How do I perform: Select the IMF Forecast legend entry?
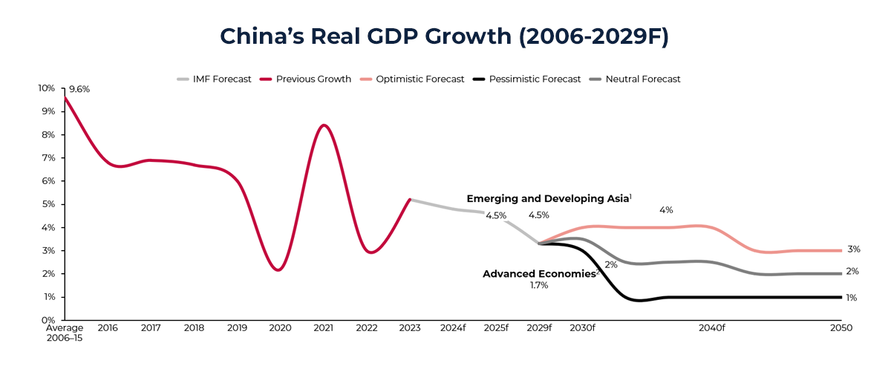(x=215, y=79)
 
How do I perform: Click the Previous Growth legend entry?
(x=305, y=79)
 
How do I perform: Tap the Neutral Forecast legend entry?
(x=634, y=79)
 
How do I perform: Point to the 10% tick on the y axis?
(x=46, y=88)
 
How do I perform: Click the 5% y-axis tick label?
(x=48, y=204)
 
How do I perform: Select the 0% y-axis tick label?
(x=48, y=320)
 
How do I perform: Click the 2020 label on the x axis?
(x=280, y=327)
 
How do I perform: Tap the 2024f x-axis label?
(x=453, y=327)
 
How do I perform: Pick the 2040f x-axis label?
(x=711, y=327)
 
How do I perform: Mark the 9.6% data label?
(x=79, y=89)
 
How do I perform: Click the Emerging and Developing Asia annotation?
(x=549, y=199)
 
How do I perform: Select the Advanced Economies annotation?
(x=541, y=274)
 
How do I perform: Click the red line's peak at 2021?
(x=323, y=125)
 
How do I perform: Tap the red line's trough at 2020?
(x=278, y=270)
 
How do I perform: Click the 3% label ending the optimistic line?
(x=854, y=249)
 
